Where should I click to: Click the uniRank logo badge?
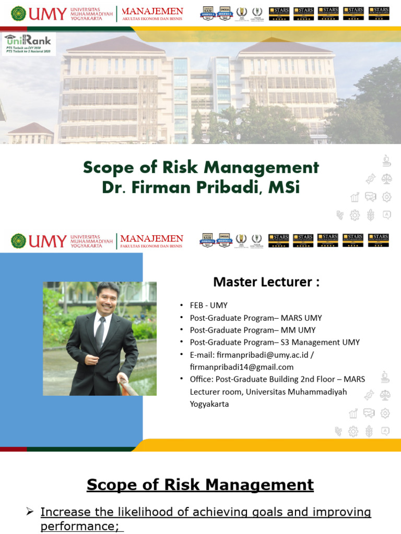coord(28,44)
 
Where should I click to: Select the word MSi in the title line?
coord(284,187)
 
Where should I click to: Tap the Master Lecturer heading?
coord(266,282)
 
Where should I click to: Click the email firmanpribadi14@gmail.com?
coord(242,367)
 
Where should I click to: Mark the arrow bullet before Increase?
coord(30,512)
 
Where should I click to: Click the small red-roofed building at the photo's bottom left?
coord(30,133)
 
